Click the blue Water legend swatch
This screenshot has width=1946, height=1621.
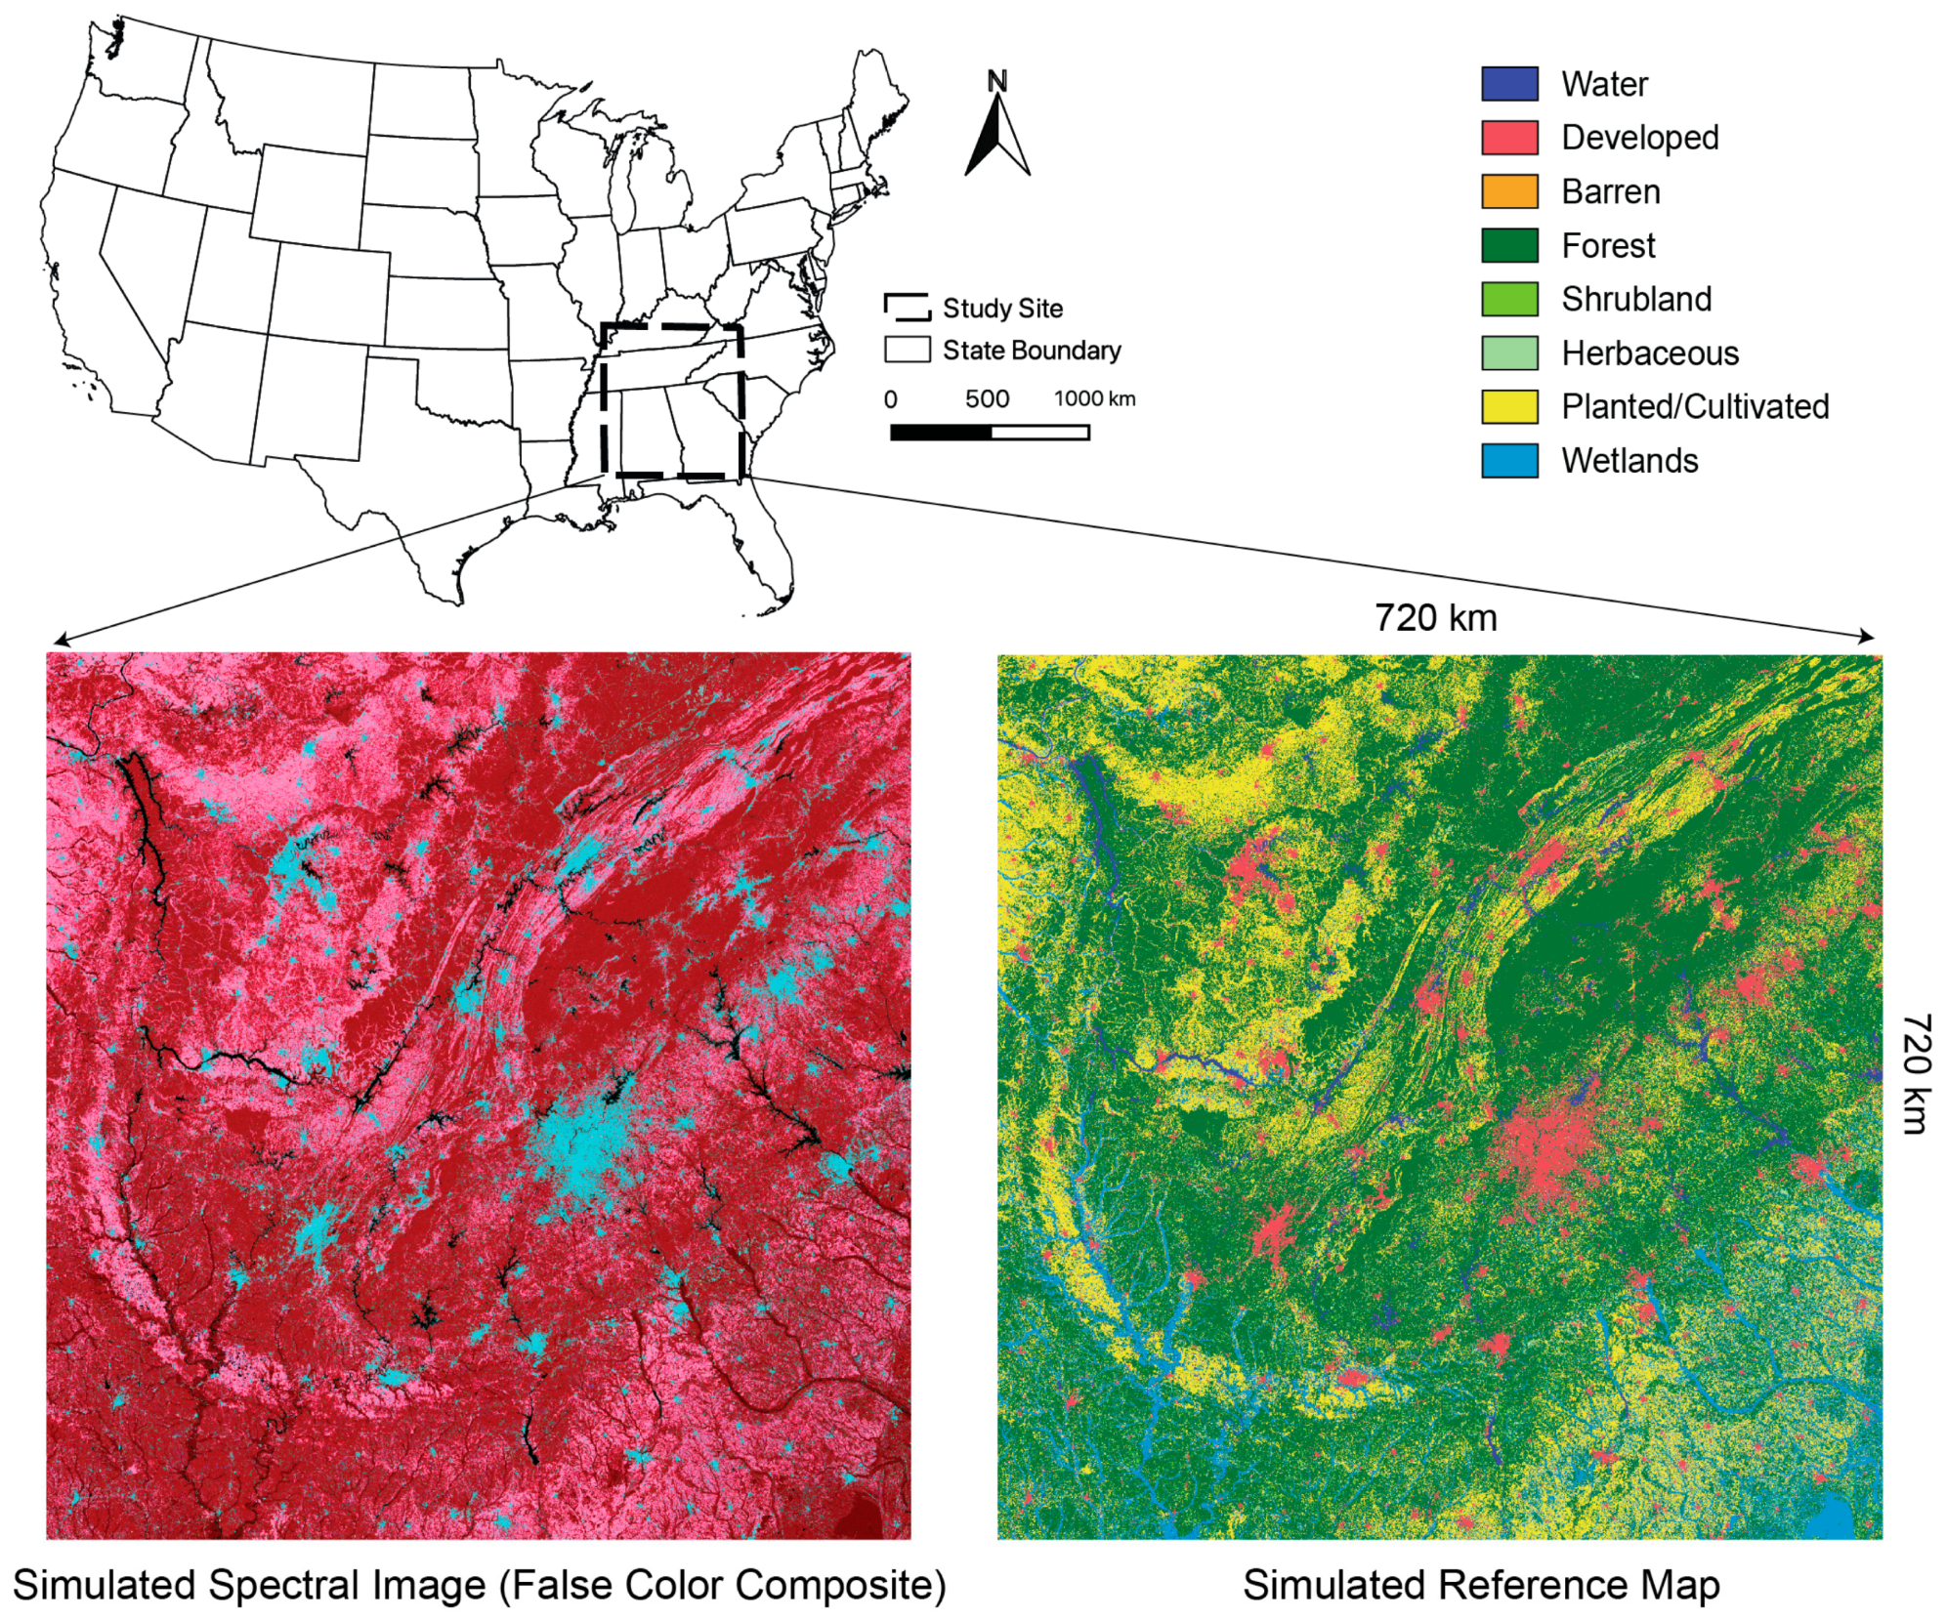(x=1508, y=84)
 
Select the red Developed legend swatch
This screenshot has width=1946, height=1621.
(x=1508, y=138)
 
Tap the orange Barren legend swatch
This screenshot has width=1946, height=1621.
(x=1508, y=191)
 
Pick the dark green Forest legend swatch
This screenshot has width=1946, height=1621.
(x=1508, y=245)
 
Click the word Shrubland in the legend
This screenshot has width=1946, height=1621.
(x=1635, y=299)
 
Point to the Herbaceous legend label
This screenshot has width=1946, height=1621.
(x=1649, y=353)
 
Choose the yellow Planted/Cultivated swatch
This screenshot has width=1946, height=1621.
(x=1508, y=406)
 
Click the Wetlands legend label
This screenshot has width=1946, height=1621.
(x=1629, y=460)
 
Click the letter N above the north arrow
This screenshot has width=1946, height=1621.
(x=996, y=81)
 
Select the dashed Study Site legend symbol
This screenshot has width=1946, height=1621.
(x=907, y=307)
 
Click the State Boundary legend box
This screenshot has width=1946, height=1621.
(x=907, y=350)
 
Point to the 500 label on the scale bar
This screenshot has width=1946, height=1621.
(x=987, y=398)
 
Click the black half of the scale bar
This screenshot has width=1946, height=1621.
(x=940, y=432)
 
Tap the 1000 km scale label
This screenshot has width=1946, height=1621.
(x=1094, y=398)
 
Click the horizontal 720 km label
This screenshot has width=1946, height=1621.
(x=1435, y=617)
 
